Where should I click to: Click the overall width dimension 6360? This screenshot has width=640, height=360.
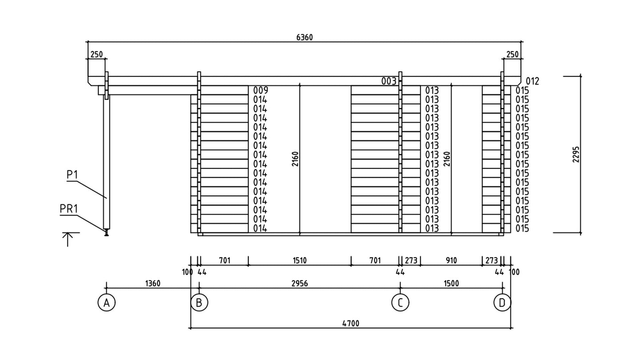pyautogui.click(x=304, y=37)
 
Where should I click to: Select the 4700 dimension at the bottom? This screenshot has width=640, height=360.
pyautogui.click(x=351, y=324)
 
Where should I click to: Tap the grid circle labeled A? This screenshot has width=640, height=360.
pyautogui.click(x=107, y=303)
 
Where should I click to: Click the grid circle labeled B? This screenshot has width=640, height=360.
pyautogui.click(x=199, y=303)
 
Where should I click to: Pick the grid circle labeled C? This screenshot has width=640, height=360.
pyautogui.click(x=400, y=303)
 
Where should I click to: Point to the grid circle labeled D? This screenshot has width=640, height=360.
pyautogui.click(x=502, y=303)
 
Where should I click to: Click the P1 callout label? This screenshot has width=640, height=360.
pyautogui.click(x=72, y=175)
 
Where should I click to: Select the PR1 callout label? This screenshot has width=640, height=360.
pyautogui.click(x=68, y=209)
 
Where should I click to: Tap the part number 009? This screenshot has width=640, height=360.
pyautogui.click(x=260, y=91)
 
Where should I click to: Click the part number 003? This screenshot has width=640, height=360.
pyautogui.click(x=389, y=81)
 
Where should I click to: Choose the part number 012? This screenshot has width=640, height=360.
pyautogui.click(x=532, y=81)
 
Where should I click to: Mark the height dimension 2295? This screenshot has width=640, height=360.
pyautogui.click(x=576, y=155)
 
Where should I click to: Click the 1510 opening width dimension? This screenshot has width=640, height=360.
pyautogui.click(x=300, y=260)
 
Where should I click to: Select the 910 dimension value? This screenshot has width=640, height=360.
pyautogui.click(x=452, y=260)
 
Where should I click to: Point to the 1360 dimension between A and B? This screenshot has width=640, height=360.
pyautogui.click(x=153, y=284)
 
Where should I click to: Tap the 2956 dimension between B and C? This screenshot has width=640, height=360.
pyautogui.click(x=300, y=284)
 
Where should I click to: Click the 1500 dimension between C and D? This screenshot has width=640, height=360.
pyautogui.click(x=452, y=284)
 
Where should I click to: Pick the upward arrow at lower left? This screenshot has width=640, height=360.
pyautogui.click(x=68, y=240)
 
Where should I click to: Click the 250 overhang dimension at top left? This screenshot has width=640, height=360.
pyautogui.click(x=96, y=55)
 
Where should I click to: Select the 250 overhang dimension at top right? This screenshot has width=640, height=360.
pyautogui.click(x=512, y=55)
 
